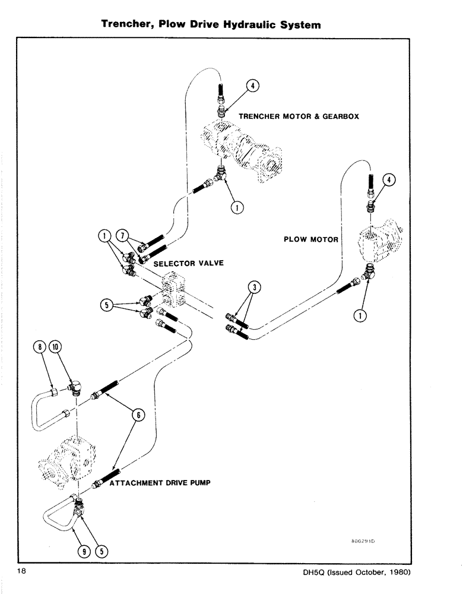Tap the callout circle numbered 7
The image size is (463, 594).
[x=122, y=237]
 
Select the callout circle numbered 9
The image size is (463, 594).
[x=85, y=550]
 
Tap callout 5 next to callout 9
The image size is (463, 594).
[x=101, y=550]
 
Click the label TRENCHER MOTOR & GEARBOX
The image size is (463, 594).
[x=299, y=116]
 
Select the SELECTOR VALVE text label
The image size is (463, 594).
[x=188, y=263]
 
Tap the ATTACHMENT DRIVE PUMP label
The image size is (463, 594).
[x=160, y=483]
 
